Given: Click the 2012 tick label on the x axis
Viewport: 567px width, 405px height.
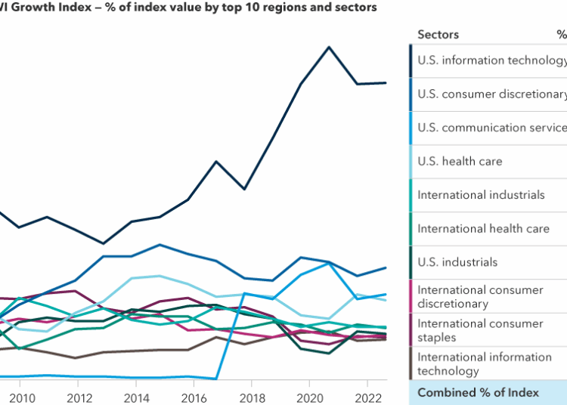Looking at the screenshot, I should point(79,397).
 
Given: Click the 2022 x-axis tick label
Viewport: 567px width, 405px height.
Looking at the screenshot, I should point(366,397).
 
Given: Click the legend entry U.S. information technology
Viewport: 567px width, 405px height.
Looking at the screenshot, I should point(491,60).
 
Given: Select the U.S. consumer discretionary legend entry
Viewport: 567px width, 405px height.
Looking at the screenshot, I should point(491,94).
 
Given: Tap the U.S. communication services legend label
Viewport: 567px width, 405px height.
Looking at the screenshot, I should point(491,128).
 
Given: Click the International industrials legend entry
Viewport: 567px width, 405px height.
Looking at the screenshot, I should point(481,195).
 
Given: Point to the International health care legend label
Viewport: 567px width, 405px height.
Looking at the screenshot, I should point(483,228).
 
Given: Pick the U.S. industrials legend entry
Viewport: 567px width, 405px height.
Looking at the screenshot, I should point(457,262).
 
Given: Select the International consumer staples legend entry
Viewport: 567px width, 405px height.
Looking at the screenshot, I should point(480,330).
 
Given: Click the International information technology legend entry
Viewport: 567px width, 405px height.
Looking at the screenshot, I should point(485,363).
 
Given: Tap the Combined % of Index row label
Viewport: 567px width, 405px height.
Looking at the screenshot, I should point(478,392).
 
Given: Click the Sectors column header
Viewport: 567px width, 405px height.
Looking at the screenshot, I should point(438,34).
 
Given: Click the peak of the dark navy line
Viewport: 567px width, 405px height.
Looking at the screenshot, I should point(329,47).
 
